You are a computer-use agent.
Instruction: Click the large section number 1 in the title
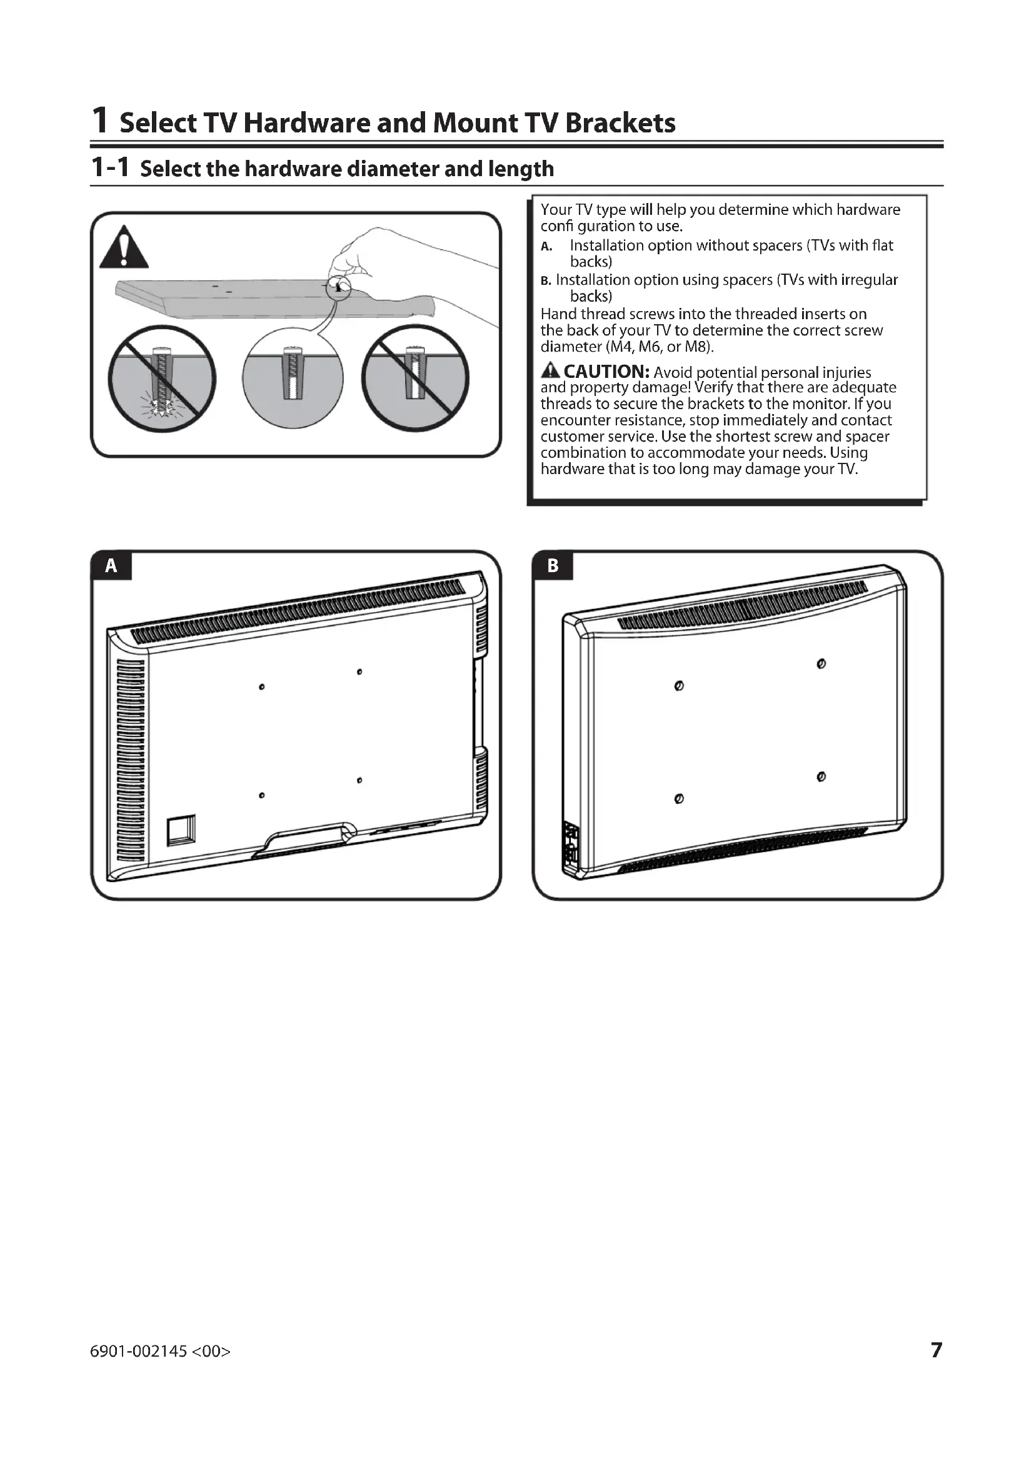pos(99,120)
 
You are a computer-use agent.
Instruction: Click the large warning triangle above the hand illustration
pos(124,247)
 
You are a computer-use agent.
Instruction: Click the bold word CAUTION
pos(606,371)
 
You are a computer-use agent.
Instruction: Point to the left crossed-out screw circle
pos(162,379)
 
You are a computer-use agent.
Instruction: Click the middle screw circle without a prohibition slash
pos(293,379)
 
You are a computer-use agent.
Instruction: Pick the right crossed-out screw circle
pos(415,379)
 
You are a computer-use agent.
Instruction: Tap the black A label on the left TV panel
pos(111,566)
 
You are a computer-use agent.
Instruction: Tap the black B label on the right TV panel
pos(553,566)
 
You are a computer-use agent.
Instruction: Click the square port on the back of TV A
pos(181,831)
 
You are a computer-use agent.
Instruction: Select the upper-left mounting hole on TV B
pos(679,686)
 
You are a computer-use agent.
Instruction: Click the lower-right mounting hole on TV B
pos(821,777)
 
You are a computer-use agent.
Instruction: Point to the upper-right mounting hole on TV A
pos(359,671)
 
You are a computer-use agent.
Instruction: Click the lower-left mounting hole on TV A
pos(262,795)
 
